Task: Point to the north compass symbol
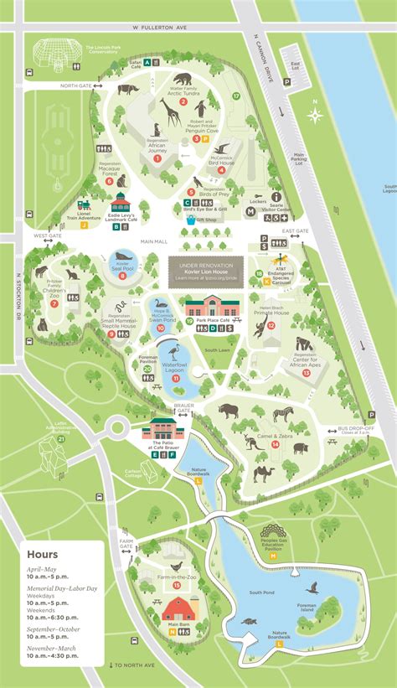tap(314, 115)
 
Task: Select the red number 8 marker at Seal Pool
tap(122, 275)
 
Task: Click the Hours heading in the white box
tap(42, 555)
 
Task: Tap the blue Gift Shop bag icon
tap(190, 220)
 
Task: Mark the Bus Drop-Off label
tap(354, 429)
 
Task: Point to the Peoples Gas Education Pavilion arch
tap(273, 531)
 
